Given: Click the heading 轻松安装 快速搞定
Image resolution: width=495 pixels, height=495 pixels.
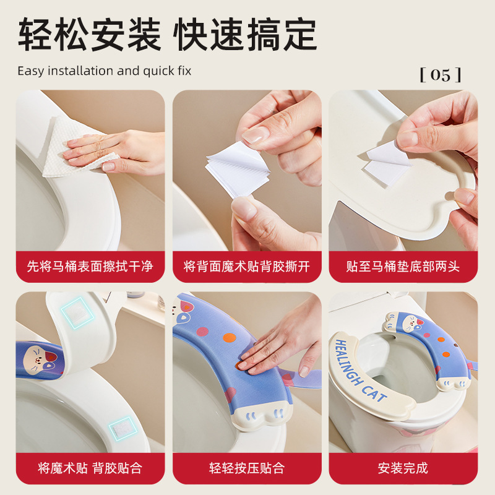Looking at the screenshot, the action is (x=167, y=35).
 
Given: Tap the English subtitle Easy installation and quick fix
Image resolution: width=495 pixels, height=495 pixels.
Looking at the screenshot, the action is (x=105, y=71).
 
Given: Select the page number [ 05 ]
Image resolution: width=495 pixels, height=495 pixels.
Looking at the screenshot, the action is (x=441, y=75).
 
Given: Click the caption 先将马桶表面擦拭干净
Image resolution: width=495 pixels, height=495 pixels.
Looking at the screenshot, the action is (x=90, y=267).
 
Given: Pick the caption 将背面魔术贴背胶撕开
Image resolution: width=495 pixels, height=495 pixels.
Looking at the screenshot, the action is (x=247, y=267).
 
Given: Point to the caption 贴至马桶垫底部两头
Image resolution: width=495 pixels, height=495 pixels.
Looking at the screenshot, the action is (x=403, y=267).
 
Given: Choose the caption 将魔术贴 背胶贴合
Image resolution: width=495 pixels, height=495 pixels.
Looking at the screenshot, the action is (x=90, y=468).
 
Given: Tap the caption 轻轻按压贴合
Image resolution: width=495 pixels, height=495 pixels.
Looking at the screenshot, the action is (x=247, y=468).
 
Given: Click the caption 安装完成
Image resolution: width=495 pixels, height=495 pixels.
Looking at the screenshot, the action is (x=403, y=468).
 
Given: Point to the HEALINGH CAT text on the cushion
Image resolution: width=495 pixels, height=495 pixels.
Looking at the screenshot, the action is (x=361, y=370).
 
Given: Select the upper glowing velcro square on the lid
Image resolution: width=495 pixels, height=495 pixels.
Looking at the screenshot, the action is (x=77, y=312).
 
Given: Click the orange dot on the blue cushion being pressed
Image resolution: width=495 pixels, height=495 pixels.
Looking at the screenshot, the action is (x=230, y=337).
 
